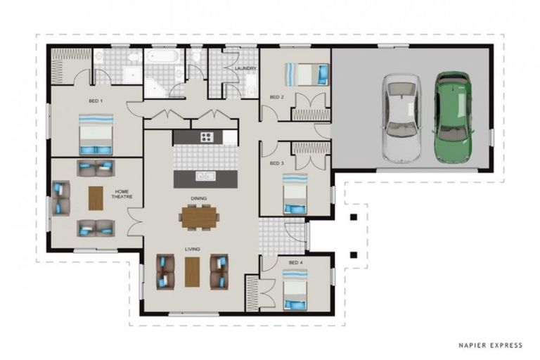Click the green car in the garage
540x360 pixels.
click(x=454, y=117)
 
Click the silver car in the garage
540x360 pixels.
click(x=402, y=118)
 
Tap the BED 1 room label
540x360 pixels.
click(x=96, y=101)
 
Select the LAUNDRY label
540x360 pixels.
click(x=245, y=69)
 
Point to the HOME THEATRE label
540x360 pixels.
click(x=122, y=194)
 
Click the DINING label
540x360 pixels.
click(x=199, y=198)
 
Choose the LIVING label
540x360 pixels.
click(x=192, y=249)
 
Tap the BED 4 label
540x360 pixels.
click(x=296, y=262)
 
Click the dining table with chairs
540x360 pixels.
click(x=199, y=217)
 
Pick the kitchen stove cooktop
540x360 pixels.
click(x=207, y=137)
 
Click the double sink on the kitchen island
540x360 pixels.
click(x=205, y=176)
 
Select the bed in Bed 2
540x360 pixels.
click(x=307, y=74)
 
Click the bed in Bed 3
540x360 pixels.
click(x=295, y=193)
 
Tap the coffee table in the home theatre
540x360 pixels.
click(x=96, y=198)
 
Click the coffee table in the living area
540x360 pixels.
click(x=192, y=272)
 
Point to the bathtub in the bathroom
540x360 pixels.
click(x=162, y=56)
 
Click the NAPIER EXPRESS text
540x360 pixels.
click(x=490, y=345)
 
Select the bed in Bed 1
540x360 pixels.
click(x=96, y=135)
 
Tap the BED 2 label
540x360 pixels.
click(x=277, y=97)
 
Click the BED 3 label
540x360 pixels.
click(x=277, y=163)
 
